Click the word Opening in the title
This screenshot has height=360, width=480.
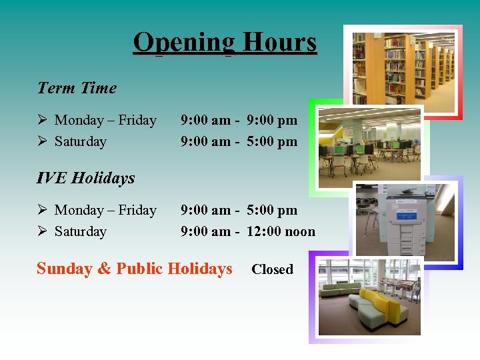coord(184,42)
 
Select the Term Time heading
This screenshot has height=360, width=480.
coord(77,88)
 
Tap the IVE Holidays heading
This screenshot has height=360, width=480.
coord(85,178)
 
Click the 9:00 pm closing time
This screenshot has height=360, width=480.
coord(272,121)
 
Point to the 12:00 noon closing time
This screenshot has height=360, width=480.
coord(281,232)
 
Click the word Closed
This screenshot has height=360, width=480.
coord(272,269)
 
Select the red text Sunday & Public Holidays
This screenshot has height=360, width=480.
coord(134,269)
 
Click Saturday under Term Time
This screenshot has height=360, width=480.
coord(80,142)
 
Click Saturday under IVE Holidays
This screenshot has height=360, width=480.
coord(80,232)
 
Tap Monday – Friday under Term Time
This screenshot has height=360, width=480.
coord(105,121)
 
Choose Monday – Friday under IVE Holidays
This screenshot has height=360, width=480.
coord(105,211)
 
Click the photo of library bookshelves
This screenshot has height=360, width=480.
coord(403,70)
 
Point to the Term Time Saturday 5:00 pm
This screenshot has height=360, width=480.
coord(272,142)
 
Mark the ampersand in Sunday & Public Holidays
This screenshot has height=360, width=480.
coord(104,269)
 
